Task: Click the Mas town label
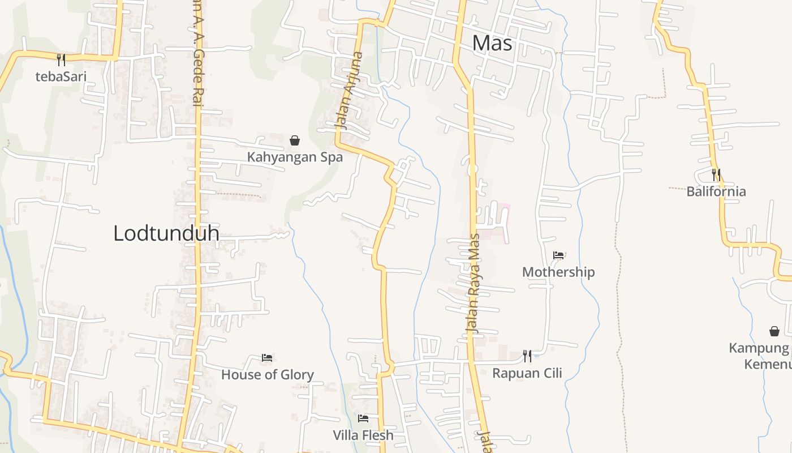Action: [492, 43]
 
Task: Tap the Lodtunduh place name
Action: [166, 233]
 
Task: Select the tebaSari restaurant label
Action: [61, 76]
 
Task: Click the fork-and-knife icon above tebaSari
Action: [61, 59]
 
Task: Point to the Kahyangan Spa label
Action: [295, 157]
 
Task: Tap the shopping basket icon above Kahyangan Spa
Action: [295, 140]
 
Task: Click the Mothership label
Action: [558, 272]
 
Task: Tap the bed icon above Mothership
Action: [558, 255]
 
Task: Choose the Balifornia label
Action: [716, 191]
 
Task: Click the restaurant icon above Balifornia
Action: [716, 174]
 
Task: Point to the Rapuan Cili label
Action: [527, 373]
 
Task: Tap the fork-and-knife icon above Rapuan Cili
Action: [527, 356]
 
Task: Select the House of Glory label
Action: [267, 375]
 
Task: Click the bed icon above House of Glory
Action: [267, 357]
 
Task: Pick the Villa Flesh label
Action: [363, 435]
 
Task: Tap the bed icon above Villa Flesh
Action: [363, 418]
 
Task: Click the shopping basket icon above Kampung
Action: [774, 331]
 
